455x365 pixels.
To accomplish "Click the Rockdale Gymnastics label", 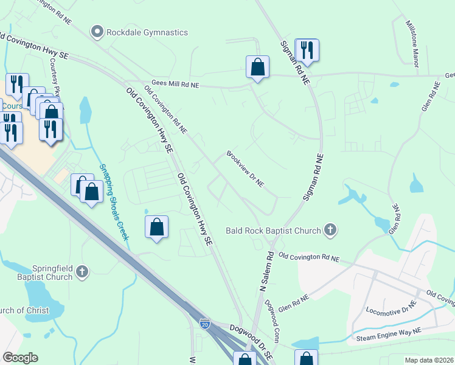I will pos(147,32).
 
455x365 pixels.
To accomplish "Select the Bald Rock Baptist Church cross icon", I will pos(330,230).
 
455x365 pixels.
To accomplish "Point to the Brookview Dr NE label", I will pos(245,169).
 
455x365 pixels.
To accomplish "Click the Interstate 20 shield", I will pos(205,325).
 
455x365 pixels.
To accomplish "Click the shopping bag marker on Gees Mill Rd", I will pos(257,68).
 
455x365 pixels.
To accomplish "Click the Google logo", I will pos(20,357).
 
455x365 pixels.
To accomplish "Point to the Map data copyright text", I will pos(428,360).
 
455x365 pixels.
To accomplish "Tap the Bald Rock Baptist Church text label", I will pos(273,231).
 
